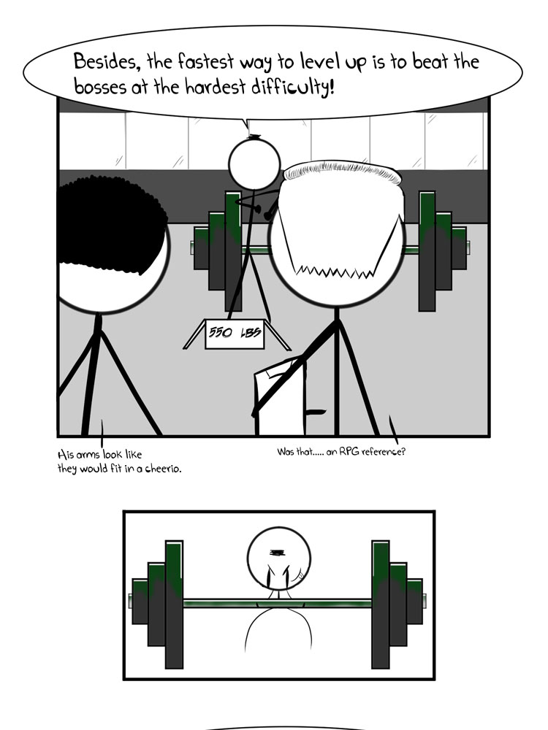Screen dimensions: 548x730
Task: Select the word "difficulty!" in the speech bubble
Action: pos(293,87)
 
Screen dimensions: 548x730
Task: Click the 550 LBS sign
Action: pos(235,334)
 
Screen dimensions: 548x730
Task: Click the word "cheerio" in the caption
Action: pos(163,469)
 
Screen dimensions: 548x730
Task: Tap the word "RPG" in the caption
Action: pos(349,451)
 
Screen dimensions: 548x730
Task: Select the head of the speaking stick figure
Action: pos(254,163)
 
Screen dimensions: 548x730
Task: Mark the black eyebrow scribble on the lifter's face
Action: pos(277,553)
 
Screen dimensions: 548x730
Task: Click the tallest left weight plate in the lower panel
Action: pos(174,604)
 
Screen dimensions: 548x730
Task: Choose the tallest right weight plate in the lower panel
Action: pos(381,604)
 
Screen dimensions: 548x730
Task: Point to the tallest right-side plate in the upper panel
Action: pos(427,251)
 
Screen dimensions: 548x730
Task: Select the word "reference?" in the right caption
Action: pos(384,451)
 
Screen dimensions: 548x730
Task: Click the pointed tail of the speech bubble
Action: pos(246,126)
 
